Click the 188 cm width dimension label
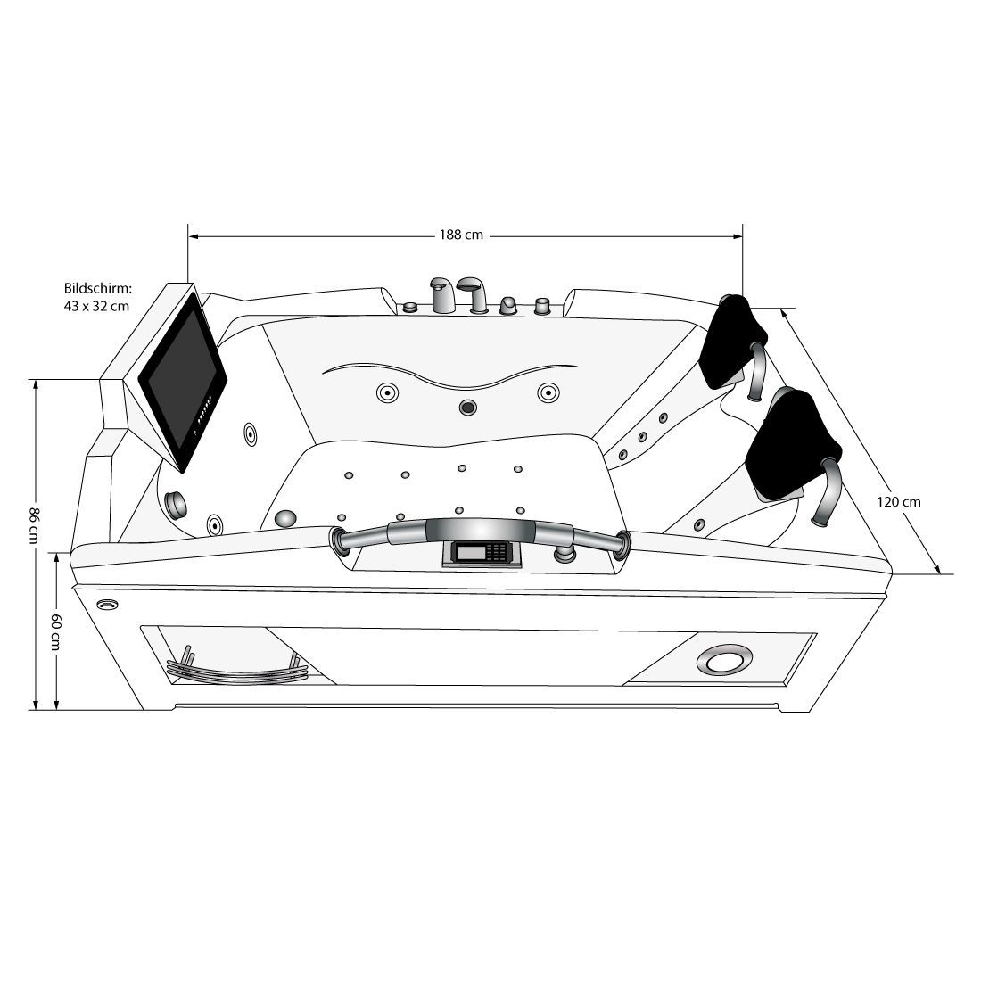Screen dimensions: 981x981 click(461, 235)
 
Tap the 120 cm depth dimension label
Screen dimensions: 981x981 click(898, 502)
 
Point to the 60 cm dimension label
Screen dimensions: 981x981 click(55, 631)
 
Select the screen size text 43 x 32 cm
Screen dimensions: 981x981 click(97, 306)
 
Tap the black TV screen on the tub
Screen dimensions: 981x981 click(183, 381)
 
